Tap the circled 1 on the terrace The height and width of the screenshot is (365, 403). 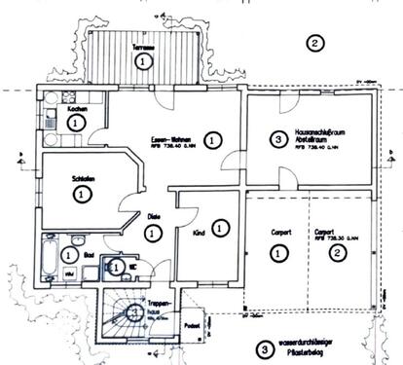(x=143, y=62)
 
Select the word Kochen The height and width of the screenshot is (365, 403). (x=77, y=109)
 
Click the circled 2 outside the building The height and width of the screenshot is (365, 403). (x=312, y=43)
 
